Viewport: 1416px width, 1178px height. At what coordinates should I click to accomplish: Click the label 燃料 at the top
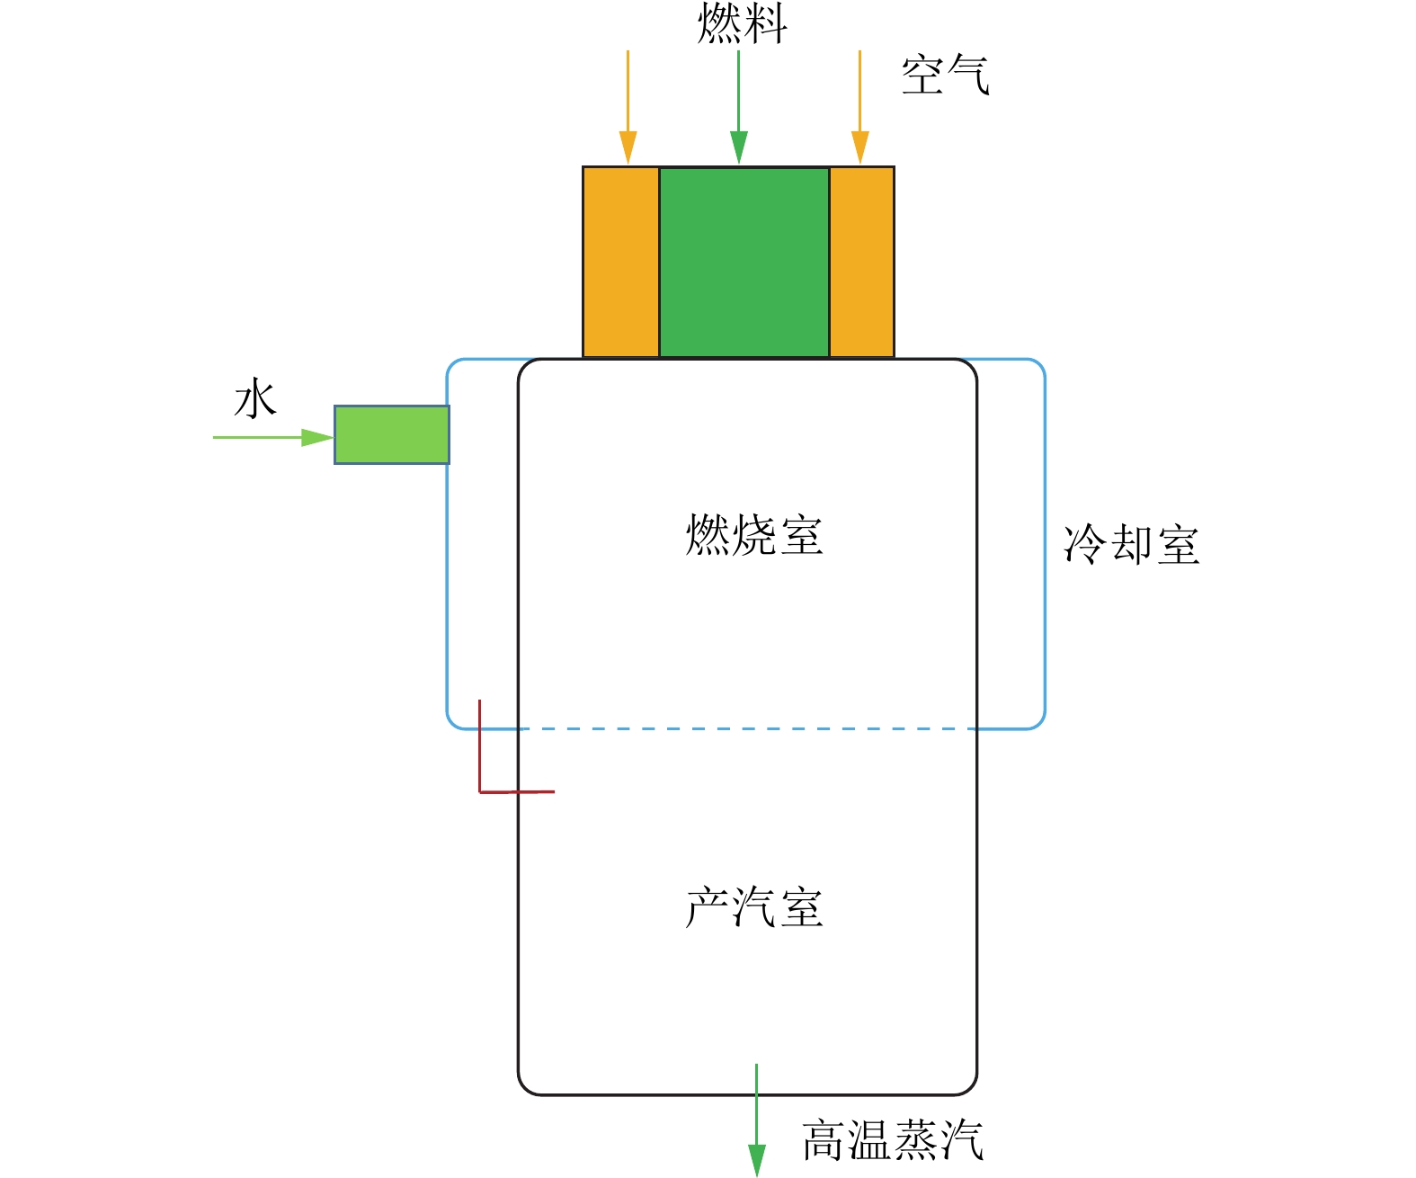point(742,23)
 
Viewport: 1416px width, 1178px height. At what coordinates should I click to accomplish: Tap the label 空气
point(945,75)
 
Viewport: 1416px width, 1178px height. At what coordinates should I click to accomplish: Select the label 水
point(255,399)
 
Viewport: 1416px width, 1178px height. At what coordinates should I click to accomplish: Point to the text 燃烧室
point(754,536)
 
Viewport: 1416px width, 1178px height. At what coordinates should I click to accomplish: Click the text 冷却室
point(1131,545)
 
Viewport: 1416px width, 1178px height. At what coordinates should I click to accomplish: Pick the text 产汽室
point(754,907)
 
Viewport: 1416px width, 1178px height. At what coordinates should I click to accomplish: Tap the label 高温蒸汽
point(892,1140)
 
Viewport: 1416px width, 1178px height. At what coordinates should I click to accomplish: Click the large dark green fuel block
point(744,262)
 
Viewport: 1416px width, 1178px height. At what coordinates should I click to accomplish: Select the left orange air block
point(621,262)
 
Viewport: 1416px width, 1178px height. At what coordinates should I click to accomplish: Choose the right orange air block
point(861,262)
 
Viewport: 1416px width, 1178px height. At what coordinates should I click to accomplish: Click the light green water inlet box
point(392,435)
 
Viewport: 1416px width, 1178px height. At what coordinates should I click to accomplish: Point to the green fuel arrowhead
point(739,147)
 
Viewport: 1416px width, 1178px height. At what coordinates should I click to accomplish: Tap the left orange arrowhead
point(628,147)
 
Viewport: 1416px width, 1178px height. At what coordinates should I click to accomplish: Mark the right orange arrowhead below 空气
point(860,147)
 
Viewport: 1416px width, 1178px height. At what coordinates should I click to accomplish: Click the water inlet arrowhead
point(317,438)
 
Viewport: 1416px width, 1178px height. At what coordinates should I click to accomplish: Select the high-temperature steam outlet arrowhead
point(757,1160)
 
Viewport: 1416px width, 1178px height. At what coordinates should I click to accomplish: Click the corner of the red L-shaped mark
point(480,792)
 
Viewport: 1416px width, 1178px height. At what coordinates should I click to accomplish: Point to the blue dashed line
point(746,728)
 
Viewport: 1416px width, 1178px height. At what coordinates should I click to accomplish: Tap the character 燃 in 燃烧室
point(708,536)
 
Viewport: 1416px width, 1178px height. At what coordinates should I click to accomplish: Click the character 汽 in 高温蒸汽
point(961,1140)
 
